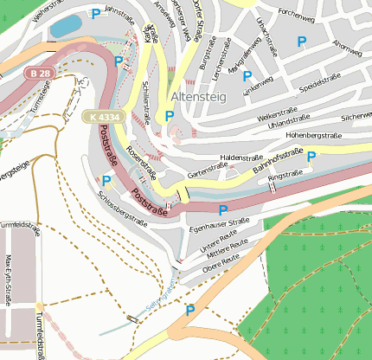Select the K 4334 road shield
(x=102, y=115)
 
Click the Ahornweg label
(x=346, y=43)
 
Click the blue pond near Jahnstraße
(x=65, y=26)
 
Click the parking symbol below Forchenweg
(x=301, y=41)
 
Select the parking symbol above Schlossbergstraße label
(x=106, y=180)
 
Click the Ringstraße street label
(x=285, y=177)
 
